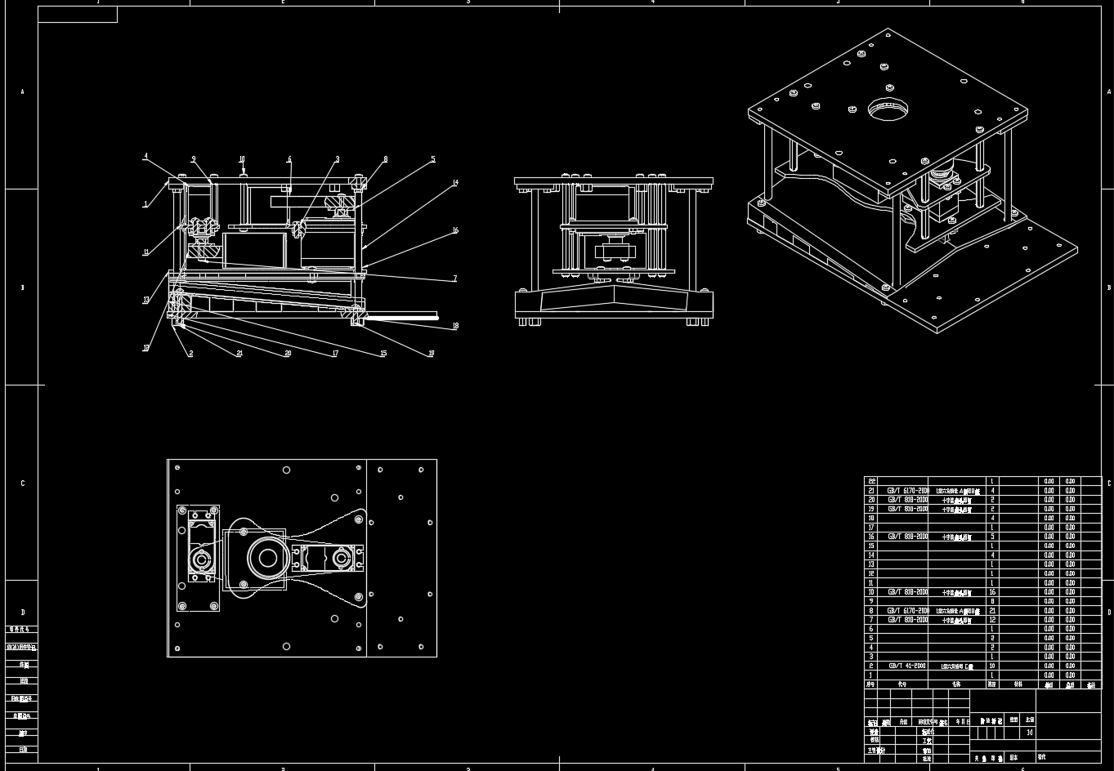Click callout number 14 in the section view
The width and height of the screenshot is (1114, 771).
point(456,183)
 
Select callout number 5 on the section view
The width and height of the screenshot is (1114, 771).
point(433,159)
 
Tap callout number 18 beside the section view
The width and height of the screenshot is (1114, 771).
point(455,326)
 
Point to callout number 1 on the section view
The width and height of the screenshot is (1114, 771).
point(146,204)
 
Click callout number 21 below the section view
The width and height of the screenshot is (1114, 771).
point(239,354)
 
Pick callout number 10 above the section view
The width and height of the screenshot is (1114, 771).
point(242,160)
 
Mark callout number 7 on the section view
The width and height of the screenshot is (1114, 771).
point(455,279)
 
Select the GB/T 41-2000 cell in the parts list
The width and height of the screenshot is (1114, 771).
point(907,666)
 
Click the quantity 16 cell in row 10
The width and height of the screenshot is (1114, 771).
point(992,592)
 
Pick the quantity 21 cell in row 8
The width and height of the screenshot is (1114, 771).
point(992,610)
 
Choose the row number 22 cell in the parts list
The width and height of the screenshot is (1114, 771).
point(872,481)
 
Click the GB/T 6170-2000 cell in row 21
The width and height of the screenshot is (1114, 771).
point(907,491)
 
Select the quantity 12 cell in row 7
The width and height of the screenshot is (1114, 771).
point(992,620)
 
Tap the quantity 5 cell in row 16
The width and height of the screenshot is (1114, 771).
point(992,537)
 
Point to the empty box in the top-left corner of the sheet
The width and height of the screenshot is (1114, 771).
point(78,15)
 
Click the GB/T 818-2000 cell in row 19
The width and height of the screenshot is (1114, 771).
point(907,509)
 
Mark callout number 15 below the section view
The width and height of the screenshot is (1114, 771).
point(383,354)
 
